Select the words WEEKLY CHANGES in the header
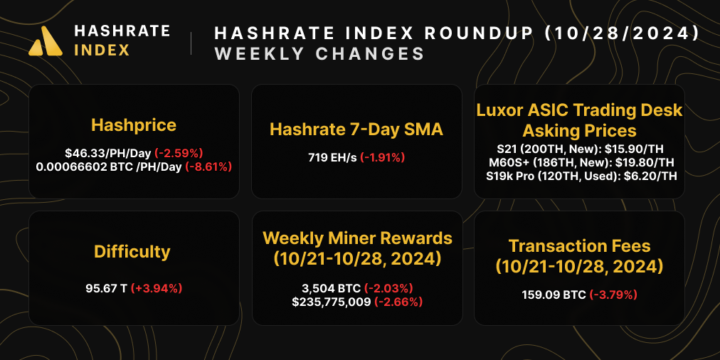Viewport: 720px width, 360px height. coord(319,54)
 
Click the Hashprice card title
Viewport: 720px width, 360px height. coord(134,126)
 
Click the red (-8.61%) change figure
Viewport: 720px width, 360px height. coord(209,166)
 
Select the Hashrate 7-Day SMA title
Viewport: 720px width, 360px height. coord(356,129)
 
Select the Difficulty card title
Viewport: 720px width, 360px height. coord(132,252)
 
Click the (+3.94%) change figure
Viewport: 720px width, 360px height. coord(157,288)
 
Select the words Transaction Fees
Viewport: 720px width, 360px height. coord(579,246)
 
